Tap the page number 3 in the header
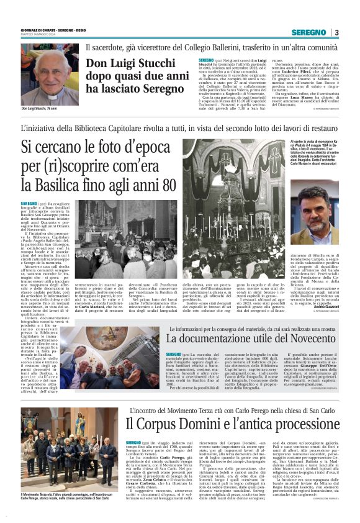(336, 32)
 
